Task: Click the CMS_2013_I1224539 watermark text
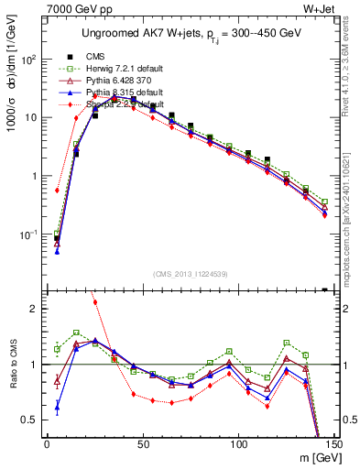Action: [x=191, y=272]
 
